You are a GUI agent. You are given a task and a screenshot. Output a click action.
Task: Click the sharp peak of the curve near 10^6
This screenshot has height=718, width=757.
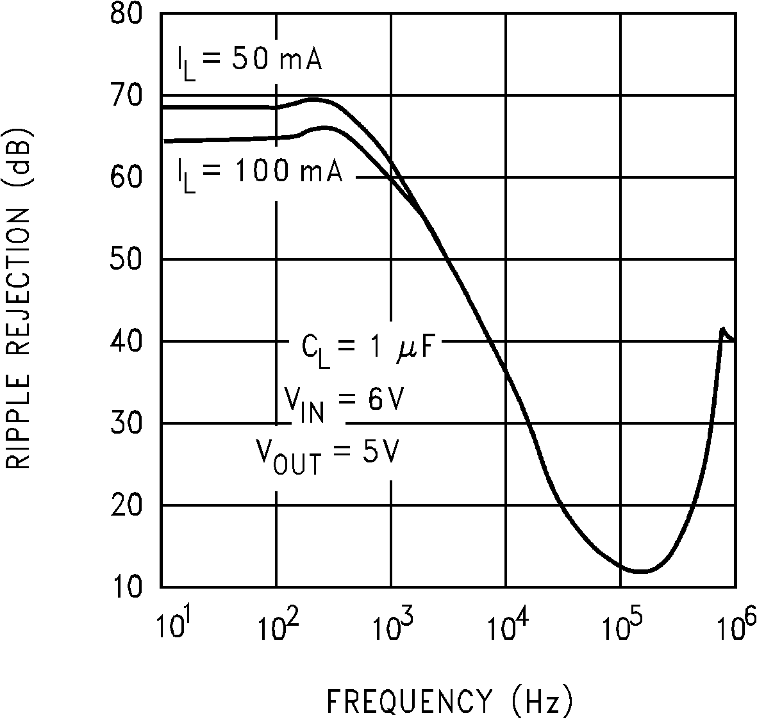[723, 329]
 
